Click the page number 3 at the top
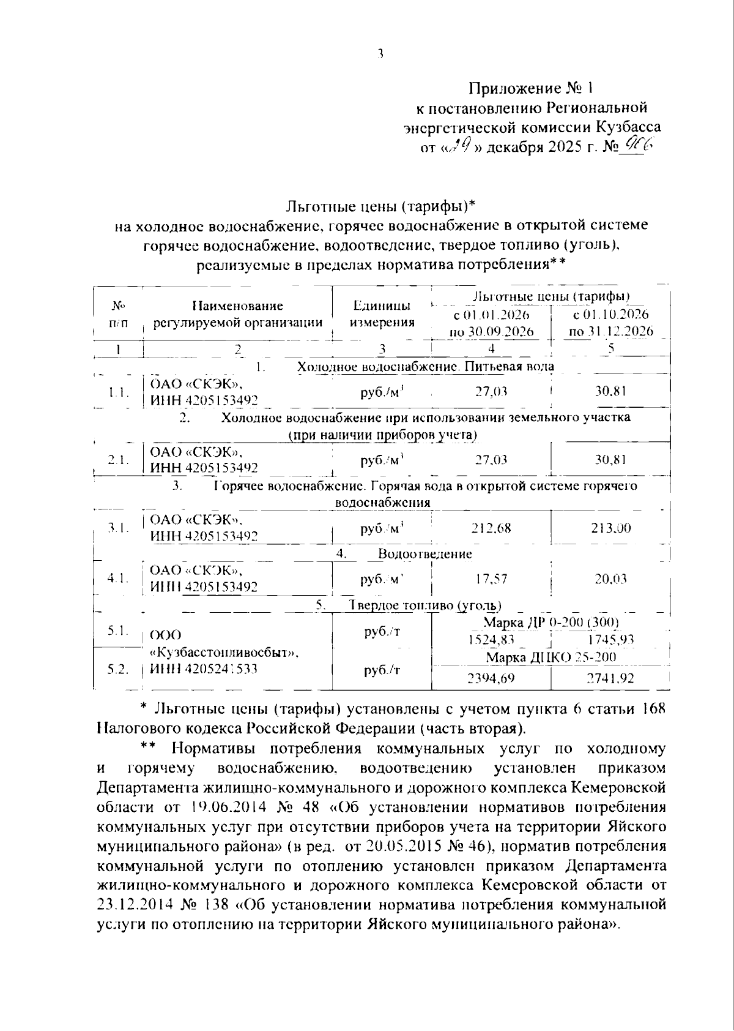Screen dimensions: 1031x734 coord(380,54)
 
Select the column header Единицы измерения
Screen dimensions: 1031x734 coord(382,314)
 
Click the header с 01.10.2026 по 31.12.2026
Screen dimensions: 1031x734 coord(610,323)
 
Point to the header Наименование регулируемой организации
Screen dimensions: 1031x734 coord(237,314)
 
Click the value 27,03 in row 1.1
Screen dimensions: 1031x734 coord(491,392)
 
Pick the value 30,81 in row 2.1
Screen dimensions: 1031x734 coord(610,460)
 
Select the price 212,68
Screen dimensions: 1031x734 coord(491,528)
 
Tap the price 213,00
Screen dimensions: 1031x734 coord(610,528)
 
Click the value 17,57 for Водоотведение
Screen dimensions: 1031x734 coord(491,579)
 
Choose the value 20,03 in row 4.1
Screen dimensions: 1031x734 coord(610,579)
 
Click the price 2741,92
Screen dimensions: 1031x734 coord(610,678)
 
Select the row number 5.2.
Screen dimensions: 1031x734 coord(117,670)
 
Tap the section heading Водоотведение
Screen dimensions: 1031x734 coord(424,554)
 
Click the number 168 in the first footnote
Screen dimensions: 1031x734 coord(652,709)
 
